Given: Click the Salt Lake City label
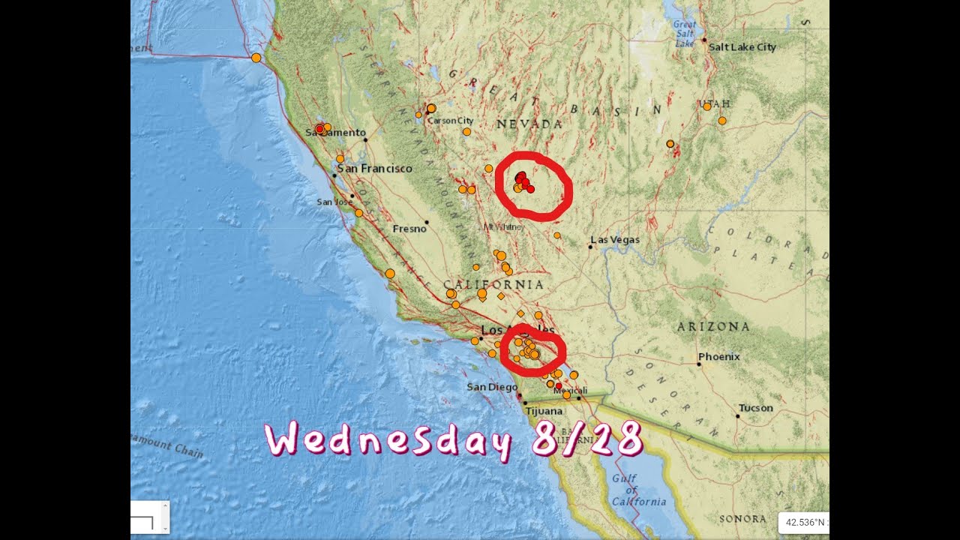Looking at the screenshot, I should point(742,47).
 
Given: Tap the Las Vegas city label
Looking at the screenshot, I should point(616,240).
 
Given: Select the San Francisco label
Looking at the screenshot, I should point(374,169).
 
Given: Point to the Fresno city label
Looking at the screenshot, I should point(409,229).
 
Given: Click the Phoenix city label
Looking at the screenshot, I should point(719,357).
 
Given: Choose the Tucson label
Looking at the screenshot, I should point(755,408).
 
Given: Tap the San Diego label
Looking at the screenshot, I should point(492,387).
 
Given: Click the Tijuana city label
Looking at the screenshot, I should point(544,412).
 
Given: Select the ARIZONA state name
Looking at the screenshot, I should point(713,327).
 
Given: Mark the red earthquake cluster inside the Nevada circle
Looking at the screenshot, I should point(523,181).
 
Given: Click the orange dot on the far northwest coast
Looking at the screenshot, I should point(256,58).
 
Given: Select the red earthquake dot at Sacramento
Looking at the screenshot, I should point(319,129).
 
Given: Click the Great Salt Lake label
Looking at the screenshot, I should point(684,33).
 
